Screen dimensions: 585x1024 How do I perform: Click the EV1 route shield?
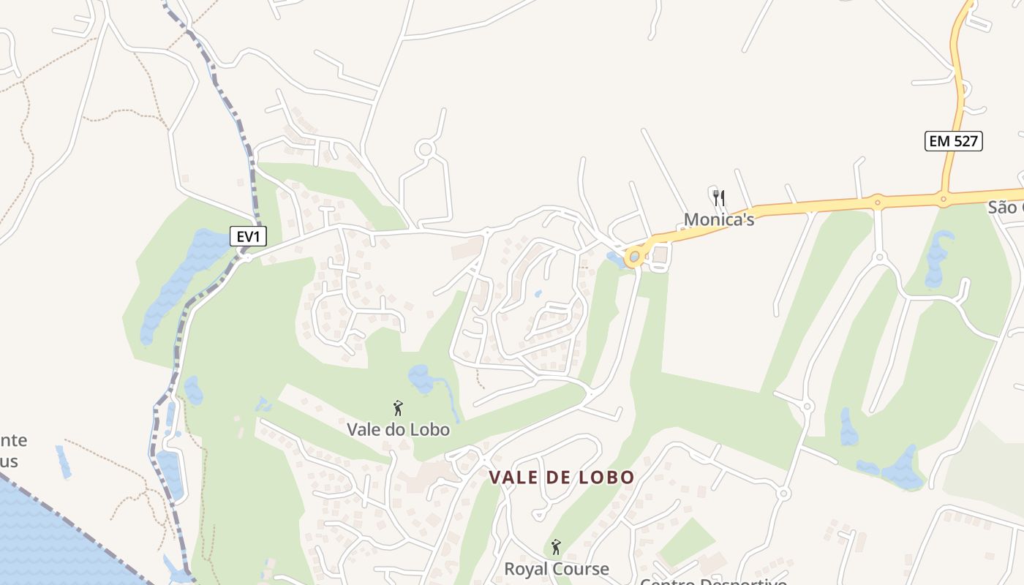click(248, 236)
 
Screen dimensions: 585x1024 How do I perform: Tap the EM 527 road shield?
click(953, 141)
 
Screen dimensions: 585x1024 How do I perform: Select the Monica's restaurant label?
click(718, 219)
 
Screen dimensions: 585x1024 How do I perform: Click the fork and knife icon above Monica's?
click(719, 197)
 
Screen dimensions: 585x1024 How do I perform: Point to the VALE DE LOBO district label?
click(561, 478)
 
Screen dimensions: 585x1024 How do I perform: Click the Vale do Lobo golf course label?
click(398, 429)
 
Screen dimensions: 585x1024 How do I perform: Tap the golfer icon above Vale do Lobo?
click(398, 408)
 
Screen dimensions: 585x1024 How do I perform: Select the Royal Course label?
click(556, 568)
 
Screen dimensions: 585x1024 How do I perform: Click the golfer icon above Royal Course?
click(556, 547)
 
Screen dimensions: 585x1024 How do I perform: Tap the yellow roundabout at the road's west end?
click(634, 257)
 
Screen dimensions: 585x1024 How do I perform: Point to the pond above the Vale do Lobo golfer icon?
click(421, 379)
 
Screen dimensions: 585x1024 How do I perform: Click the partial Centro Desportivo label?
click(713, 581)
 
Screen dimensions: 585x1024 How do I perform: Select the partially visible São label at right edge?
click(1006, 207)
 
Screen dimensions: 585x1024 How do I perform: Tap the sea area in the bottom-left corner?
click(44, 541)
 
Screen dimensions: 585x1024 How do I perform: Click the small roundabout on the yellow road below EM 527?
click(944, 197)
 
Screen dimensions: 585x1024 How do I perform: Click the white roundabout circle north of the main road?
click(424, 150)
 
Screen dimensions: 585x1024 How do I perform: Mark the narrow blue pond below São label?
click(938, 260)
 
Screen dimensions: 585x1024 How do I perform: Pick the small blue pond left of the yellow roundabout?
click(613, 257)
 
